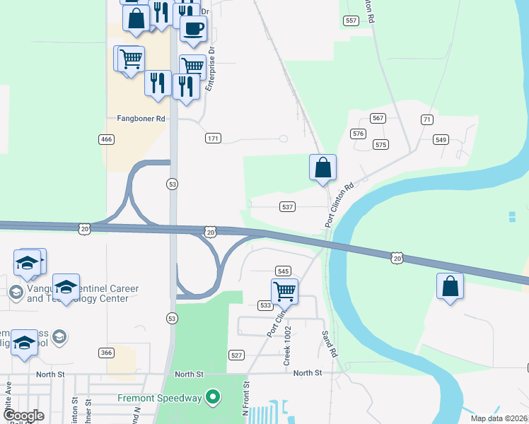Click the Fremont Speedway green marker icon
click(210, 398)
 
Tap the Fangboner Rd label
click(136, 119)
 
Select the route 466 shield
click(106, 140)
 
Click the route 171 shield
click(213, 138)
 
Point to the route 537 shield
click(287, 207)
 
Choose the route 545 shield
click(283, 271)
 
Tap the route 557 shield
click(351, 21)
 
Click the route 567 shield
click(378, 118)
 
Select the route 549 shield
click(441, 140)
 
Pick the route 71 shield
click(426, 119)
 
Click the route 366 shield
click(106, 353)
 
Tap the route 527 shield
click(236, 355)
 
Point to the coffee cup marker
click(193, 28)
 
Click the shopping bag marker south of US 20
click(450, 286)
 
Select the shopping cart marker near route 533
click(284, 290)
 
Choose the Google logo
click(23, 416)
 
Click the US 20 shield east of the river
click(398, 259)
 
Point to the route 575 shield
click(382, 145)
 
